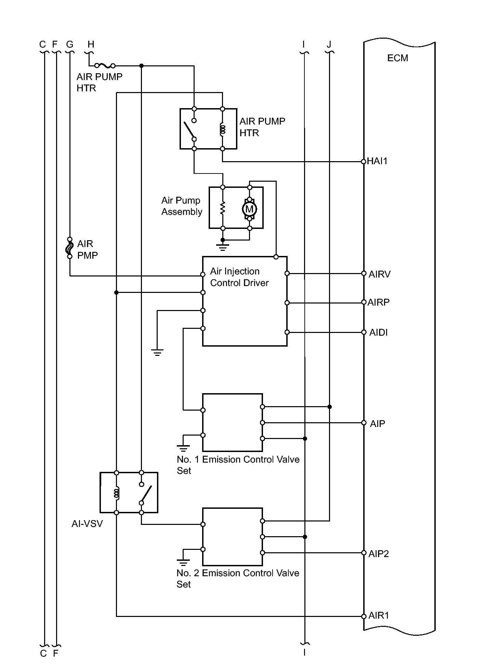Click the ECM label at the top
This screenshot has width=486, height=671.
pyautogui.click(x=397, y=58)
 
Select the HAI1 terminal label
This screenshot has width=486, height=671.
pyautogui.click(x=377, y=161)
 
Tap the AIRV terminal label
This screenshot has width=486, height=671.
pyautogui.click(x=379, y=274)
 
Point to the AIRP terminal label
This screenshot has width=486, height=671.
pyautogui.click(x=379, y=302)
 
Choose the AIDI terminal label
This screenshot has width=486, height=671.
pyautogui.click(x=378, y=333)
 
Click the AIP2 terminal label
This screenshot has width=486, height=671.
pyautogui.click(x=379, y=554)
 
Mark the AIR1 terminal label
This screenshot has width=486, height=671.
pyautogui.click(x=379, y=616)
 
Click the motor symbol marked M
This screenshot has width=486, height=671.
pyautogui.click(x=250, y=209)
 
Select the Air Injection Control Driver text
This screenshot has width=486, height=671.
pyautogui.click(x=239, y=277)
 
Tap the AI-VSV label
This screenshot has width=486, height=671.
pyautogui.click(x=87, y=524)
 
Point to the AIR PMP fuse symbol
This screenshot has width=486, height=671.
pyautogui.click(x=70, y=248)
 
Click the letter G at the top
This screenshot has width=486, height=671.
pyautogui.click(x=70, y=44)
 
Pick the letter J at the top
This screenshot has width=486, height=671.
pyautogui.click(x=329, y=44)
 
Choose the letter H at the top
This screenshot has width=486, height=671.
pyautogui.click(x=91, y=44)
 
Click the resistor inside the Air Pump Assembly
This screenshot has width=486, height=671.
pyautogui.click(x=223, y=208)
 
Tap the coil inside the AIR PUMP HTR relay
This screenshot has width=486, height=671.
pyautogui.click(x=223, y=129)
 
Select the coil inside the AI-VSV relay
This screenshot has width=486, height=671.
pyautogui.click(x=117, y=493)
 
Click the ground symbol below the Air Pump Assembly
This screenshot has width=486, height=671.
pyautogui.click(x=223, y=247)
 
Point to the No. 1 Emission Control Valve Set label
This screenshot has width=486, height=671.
pyautogui.click(x=238, y=465)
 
